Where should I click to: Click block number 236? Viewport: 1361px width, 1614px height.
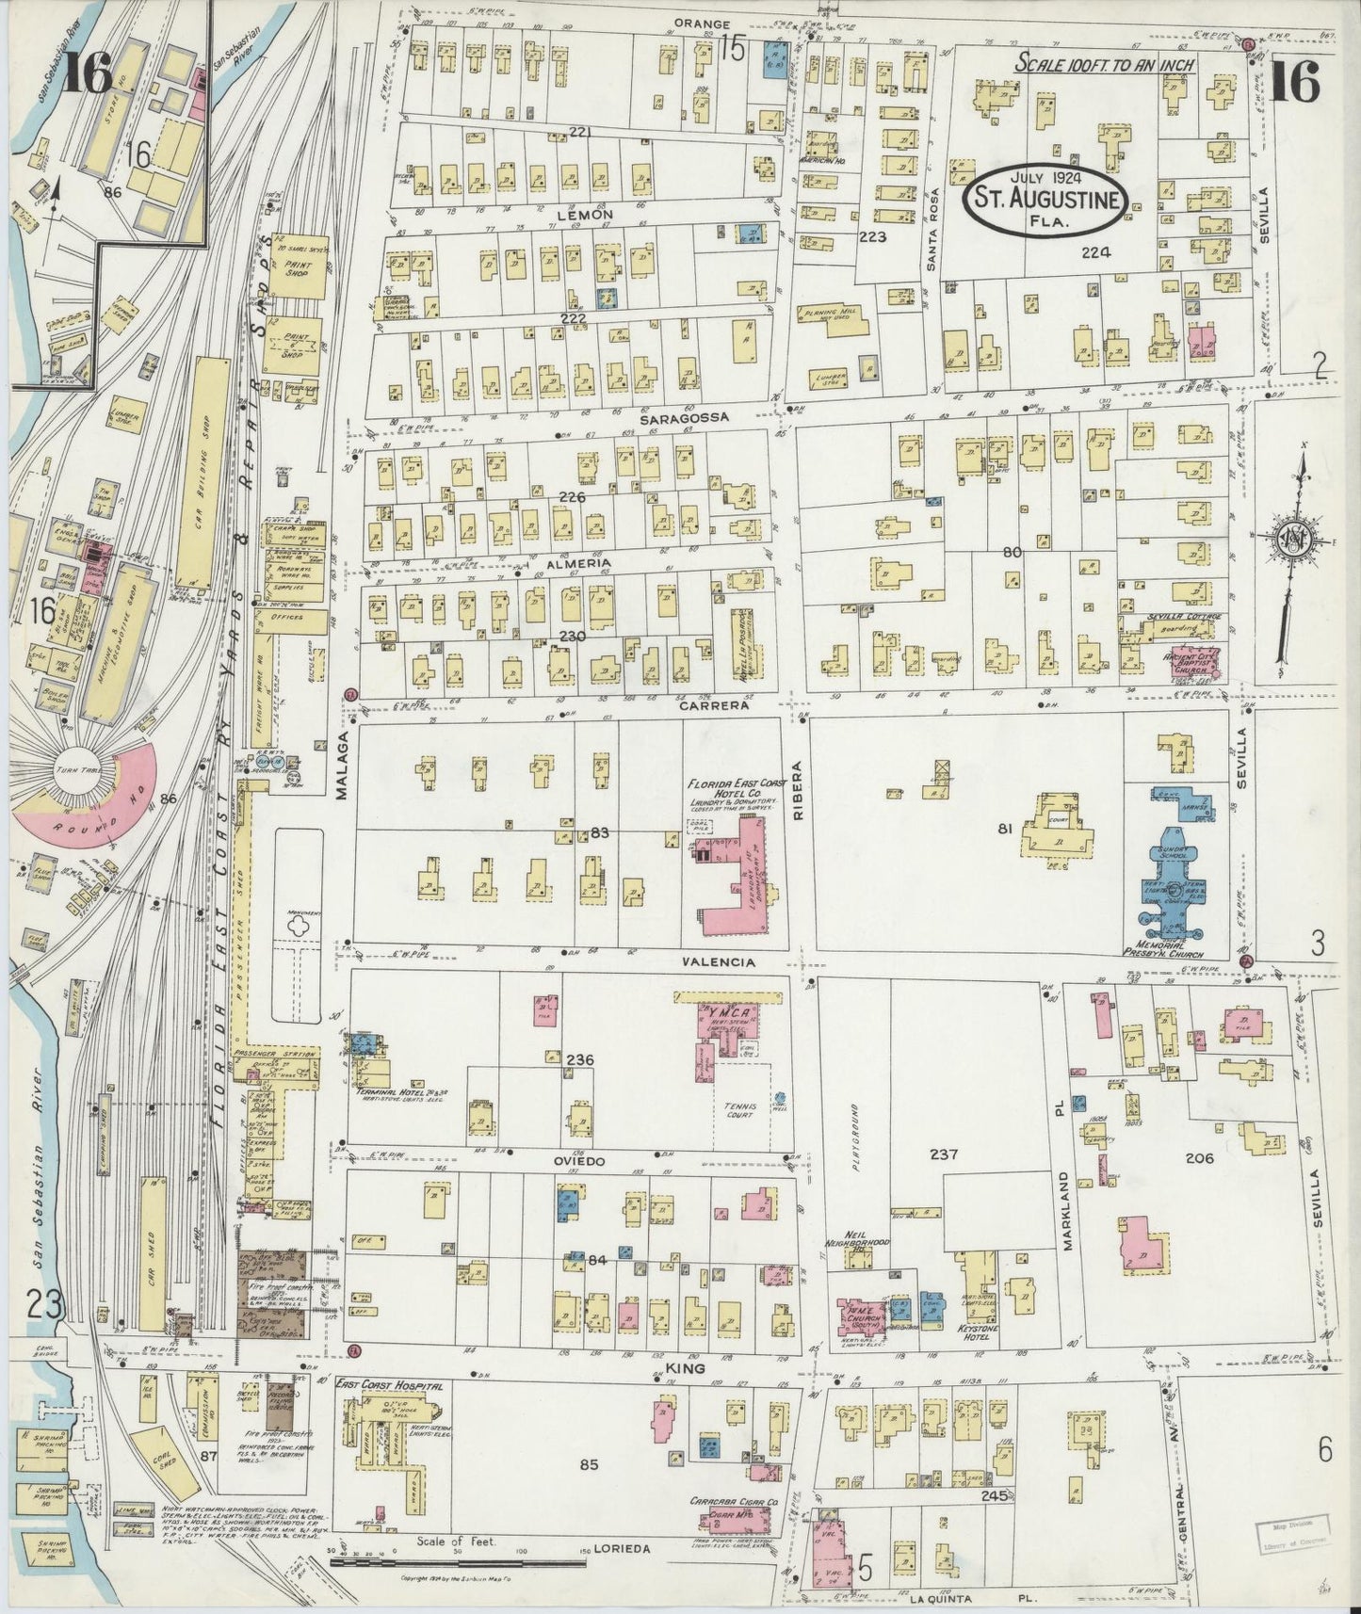(579, 1060)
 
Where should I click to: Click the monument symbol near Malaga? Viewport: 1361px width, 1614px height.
(300, 927)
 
